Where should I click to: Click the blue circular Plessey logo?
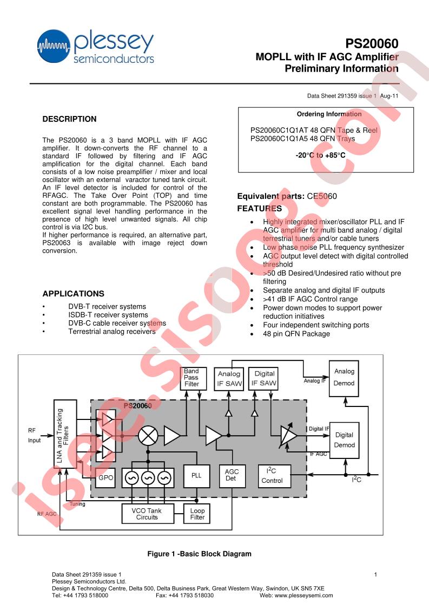[x=54, y=46]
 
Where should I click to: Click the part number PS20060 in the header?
[x=372, y=43]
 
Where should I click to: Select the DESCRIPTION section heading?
[x=69, y=119]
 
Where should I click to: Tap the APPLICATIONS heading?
[x=73, y=294]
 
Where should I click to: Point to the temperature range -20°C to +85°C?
[x=320, y=155]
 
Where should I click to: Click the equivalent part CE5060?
[x=322, y=196]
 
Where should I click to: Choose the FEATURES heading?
[x=260, y=209]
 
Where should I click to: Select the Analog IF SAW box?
[x=229, y=379]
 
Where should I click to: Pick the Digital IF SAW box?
[x=264, y=379]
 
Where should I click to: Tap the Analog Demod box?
[x=344, y=378]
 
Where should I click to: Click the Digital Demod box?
[x=344, y=440]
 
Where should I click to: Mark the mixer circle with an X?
[x=148, y=436]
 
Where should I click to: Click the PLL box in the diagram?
[x=196, y=476]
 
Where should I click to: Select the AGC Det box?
[x=232, y=476]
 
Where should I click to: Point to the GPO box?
[x=105, y=477]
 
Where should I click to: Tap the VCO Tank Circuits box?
[x=147, y=514]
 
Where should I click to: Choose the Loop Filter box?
[x=197, y=514]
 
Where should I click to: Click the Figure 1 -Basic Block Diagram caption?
[x=200, y=554]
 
